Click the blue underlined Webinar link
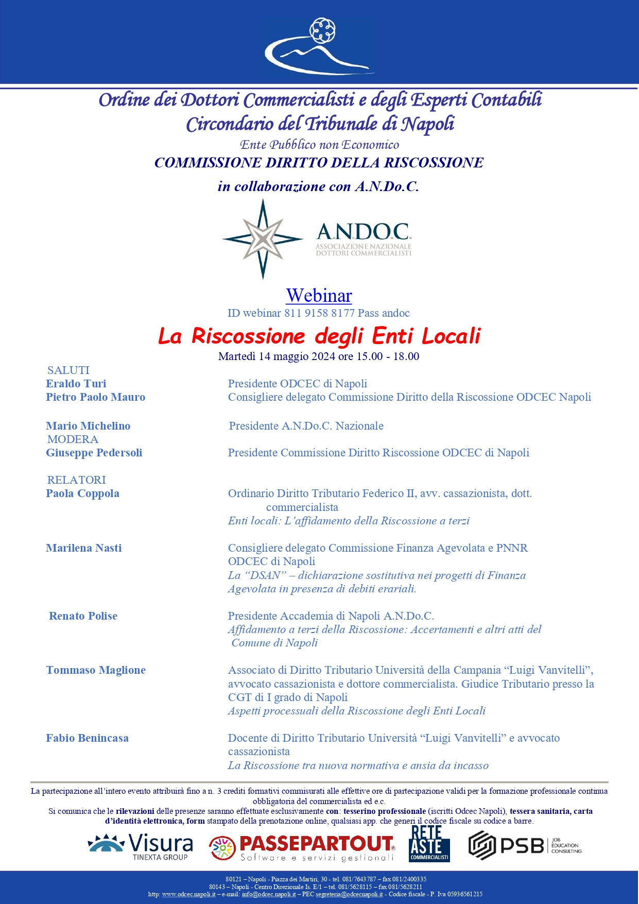tap(319, 296)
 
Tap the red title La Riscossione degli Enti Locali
tap(319, 336)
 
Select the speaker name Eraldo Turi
tap(76, 384)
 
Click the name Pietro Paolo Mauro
tap(96, 397)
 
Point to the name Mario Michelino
tap(88, 426)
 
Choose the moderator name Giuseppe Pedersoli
tap(94, 453)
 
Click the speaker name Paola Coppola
tap(83, 493)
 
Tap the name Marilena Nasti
tap(84, 548)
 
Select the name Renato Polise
tap(83, 616)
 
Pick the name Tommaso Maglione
tap(96, 670)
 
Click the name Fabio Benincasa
tap(88, 738)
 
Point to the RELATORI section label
tap(77, 480)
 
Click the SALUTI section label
tap(68, 370)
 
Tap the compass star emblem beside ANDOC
tap(263, 239)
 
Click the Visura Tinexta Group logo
tap(141, 847)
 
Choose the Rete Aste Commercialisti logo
tap(429, 844)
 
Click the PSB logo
tap(525, 845)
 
